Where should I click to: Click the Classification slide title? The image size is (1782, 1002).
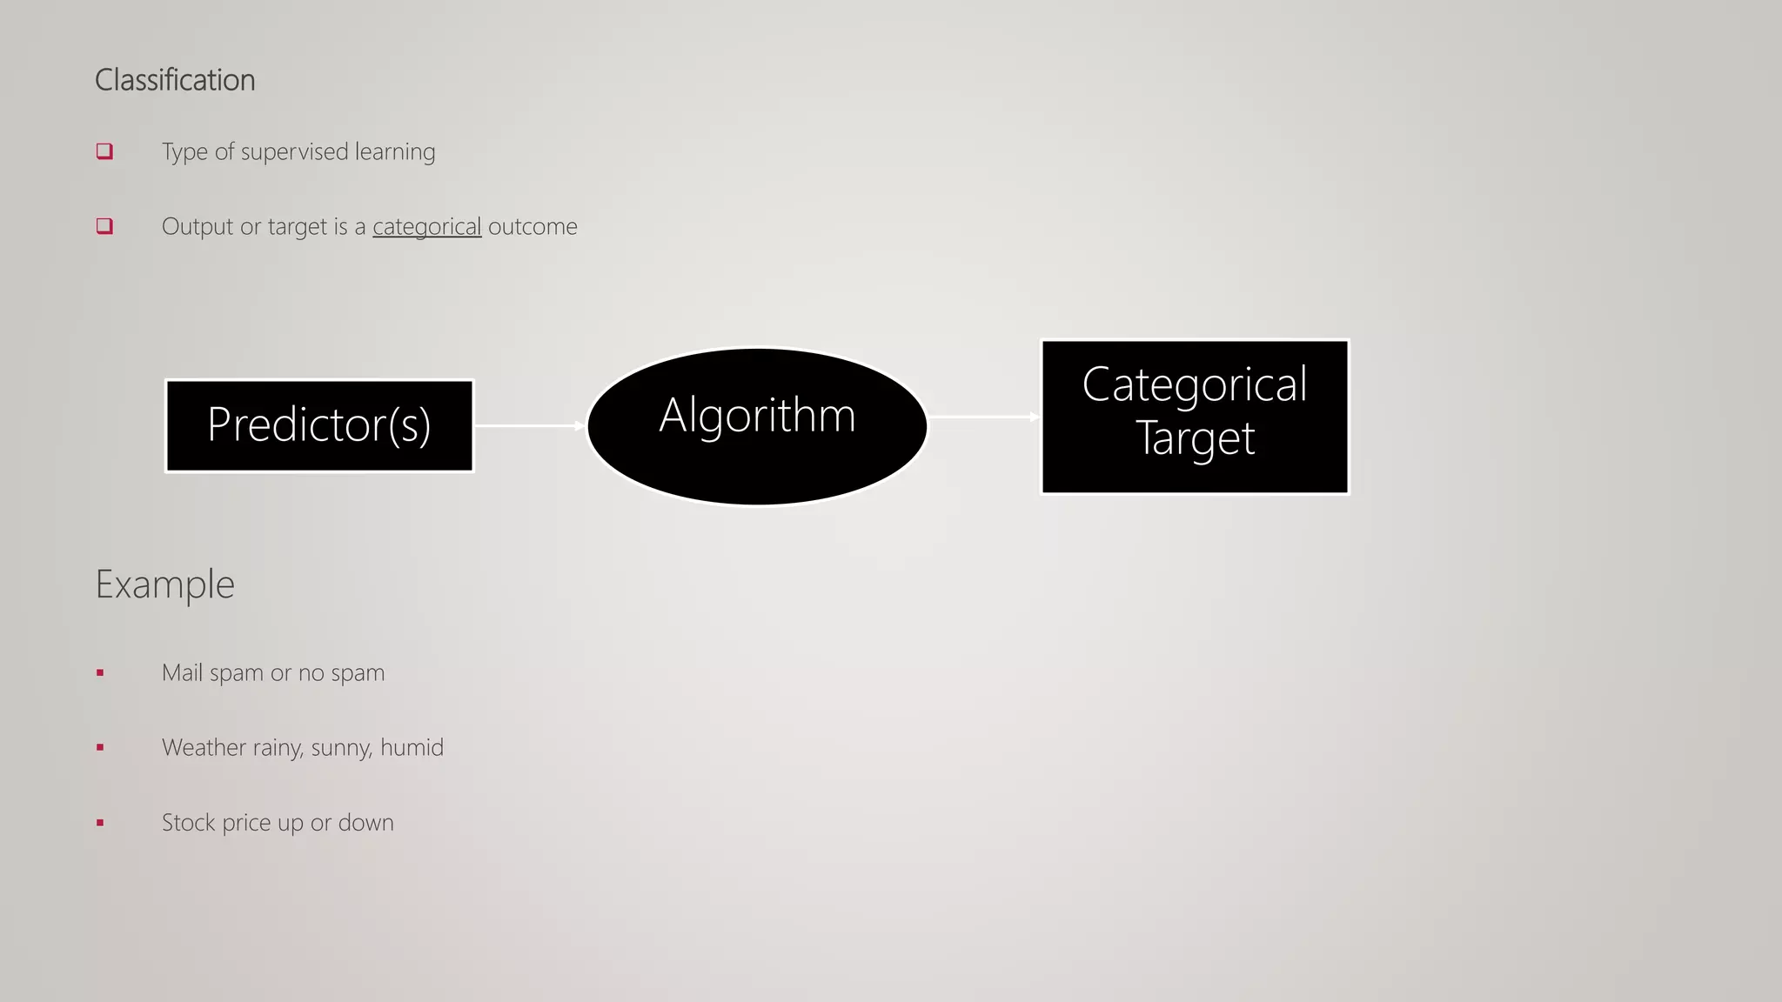(175, 80)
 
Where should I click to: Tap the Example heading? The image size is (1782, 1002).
(164, 584)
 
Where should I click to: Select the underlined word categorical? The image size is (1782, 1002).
(426, 227)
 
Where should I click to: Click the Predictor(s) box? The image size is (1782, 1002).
(319, 425)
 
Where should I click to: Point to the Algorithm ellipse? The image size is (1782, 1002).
(757, 426)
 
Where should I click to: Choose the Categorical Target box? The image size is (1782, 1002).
(1195, 417)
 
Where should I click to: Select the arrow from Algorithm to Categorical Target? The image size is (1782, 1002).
(984, 417)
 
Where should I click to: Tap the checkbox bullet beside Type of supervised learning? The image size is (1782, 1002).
(104, 151)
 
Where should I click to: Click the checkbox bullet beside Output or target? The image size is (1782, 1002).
(104, 226)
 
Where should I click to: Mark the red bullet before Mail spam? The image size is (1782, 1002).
(100, 672)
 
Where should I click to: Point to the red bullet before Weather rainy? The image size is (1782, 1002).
(100, 747)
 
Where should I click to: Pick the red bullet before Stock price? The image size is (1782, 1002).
(100, 822)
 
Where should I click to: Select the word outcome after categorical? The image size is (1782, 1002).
(533, 227)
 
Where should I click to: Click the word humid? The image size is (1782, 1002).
(412, 747)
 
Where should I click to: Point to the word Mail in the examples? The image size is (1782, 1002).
(182, 672)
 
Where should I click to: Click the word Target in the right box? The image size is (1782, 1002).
(1195, 438)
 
